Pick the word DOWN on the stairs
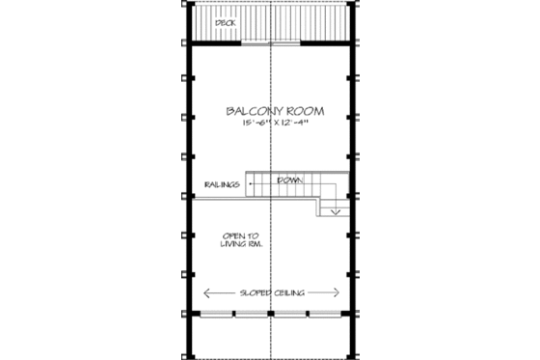coord(288,180)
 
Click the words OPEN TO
coord(240,235)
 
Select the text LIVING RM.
coord(242,245)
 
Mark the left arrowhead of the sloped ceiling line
coord(204,292)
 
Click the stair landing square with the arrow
coord(334,204)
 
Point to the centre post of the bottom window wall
coord(271,315)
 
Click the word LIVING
coord(234,245)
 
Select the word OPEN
coord(233,235)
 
